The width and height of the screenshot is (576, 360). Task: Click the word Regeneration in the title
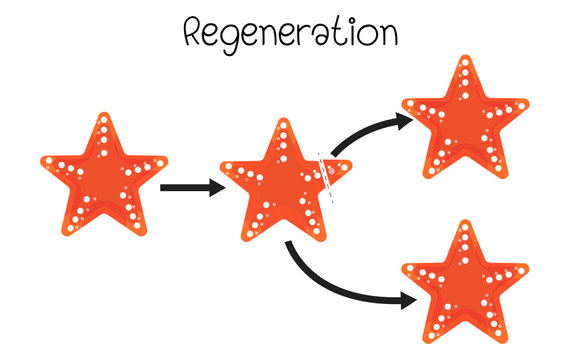pos(291,33)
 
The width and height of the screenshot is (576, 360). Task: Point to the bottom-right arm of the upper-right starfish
pos(495,168)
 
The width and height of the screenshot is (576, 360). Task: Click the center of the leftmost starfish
pos(104,180)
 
